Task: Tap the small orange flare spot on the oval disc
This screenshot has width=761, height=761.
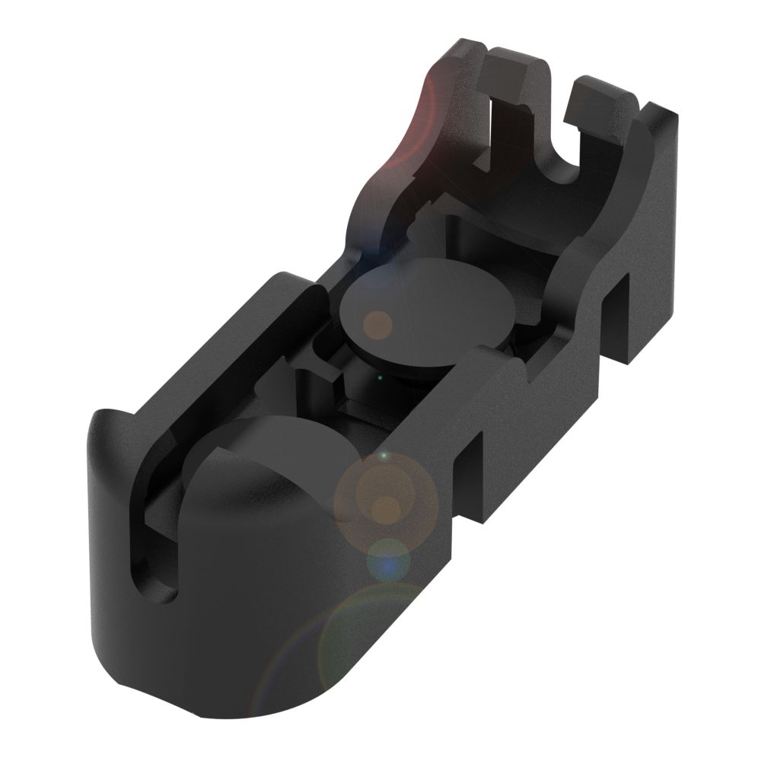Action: pos(377,325)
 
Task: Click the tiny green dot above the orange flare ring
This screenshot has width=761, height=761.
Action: pos(383,456)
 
